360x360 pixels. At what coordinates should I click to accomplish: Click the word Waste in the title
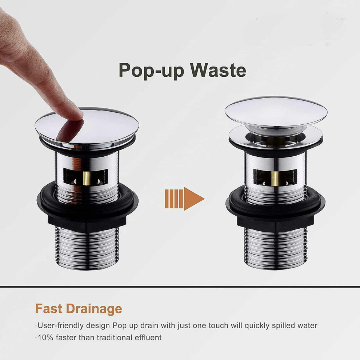(x=218, y=70)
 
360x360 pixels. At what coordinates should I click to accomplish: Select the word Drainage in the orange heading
(x=94, y=309)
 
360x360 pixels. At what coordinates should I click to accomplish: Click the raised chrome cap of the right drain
(x=276, y=112)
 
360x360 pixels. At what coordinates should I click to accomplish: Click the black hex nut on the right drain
(x=275, y=220)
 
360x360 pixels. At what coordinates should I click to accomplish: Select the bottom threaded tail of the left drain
(x=87, y=248)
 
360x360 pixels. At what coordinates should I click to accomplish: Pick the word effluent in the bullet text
(x=148, y=337)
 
